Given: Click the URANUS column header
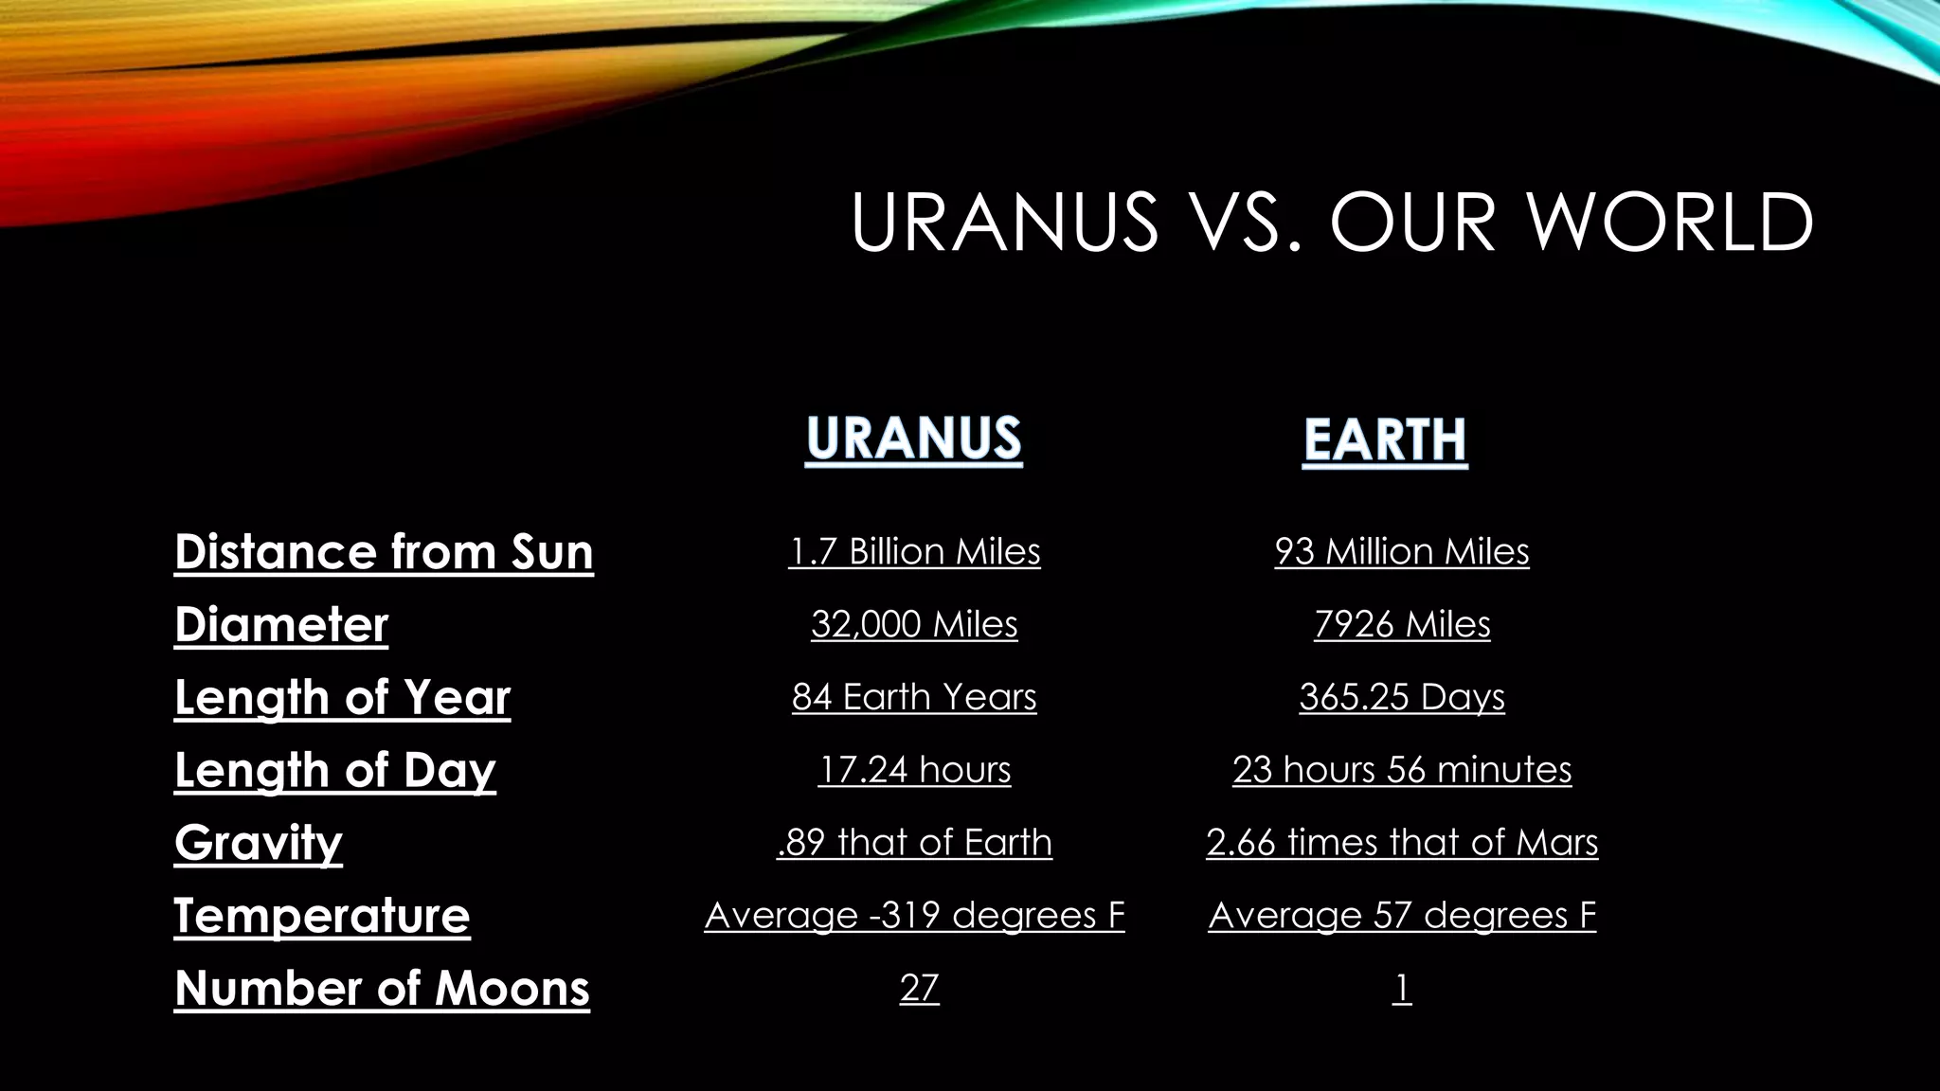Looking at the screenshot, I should point(913,438).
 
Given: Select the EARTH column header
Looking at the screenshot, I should point(1385,440).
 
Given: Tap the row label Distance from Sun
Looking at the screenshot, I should point(384,551).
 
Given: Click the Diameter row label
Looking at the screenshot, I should point(281,624).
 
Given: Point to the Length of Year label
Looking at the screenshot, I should point(342,697).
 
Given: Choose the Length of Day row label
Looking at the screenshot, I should point(334,770).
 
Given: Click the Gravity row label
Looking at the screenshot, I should point(258,842).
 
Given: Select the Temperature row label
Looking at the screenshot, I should point(322,915).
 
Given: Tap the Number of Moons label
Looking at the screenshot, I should point(382,988).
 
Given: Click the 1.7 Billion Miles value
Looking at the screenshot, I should point(914,551).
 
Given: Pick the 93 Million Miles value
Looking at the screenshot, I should point(1402,551).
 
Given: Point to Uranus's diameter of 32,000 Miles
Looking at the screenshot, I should point(914,624).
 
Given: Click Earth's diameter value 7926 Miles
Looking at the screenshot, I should point(1402,624).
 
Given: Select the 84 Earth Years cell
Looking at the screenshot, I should point(914,697).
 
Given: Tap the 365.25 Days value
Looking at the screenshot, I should point(1402,697).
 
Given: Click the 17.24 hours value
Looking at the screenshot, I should point(914,770).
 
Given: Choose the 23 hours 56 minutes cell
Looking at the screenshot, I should point(1402,770).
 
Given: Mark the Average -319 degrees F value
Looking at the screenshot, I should point(914,915).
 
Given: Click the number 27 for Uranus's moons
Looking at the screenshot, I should point(919,988).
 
